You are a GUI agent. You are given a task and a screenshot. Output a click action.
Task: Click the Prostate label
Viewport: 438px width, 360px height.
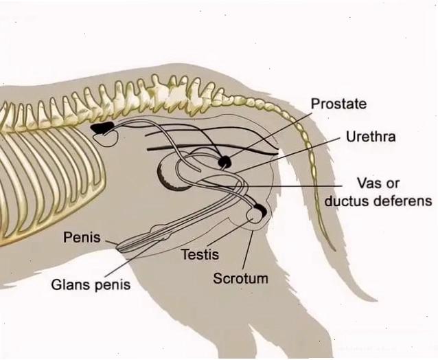(338, 104)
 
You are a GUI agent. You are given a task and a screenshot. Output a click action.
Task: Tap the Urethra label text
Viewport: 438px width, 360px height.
(371, 137)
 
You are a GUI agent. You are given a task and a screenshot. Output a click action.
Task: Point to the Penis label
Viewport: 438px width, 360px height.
(82, 237)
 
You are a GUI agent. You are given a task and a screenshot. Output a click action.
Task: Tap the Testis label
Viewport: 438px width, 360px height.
(200, 254)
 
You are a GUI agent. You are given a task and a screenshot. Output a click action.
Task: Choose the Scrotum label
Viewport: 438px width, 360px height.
(240, 278)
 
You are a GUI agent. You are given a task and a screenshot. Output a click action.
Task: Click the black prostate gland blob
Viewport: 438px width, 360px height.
(225, 162)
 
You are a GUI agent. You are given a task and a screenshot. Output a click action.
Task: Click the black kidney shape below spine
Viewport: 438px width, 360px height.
(102, 128)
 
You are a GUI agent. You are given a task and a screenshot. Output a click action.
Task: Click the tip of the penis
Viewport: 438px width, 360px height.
(118, 247)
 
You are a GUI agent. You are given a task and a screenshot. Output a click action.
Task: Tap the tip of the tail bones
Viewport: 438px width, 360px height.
(335, 249)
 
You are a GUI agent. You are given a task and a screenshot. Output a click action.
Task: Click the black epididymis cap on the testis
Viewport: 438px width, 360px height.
(262, 210)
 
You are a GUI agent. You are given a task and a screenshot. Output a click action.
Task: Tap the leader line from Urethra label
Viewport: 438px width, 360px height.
(289, 155)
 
